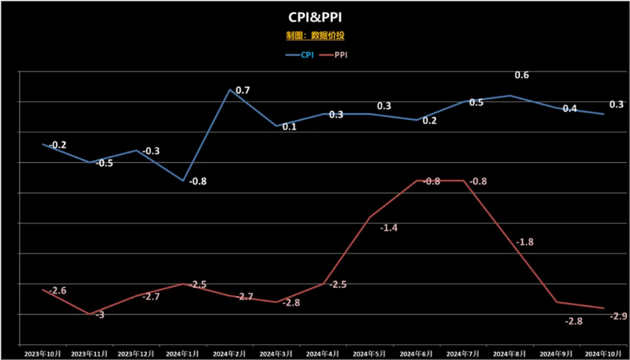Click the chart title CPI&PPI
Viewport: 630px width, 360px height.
pos(315,17)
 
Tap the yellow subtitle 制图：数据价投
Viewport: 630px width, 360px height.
pos(315,35)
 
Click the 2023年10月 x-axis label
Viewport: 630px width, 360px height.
pos(43,353)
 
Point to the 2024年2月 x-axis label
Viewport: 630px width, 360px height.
pos(231,353)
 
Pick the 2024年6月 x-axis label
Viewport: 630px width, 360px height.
pos(416,353)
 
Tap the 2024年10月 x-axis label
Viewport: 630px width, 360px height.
pos(602,353)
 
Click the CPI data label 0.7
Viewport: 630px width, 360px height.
pos(242,91)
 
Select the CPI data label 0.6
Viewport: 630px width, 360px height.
pos(522,75)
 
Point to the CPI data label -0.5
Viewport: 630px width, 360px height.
pos(105,163)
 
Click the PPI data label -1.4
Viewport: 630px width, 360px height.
pos(388,228)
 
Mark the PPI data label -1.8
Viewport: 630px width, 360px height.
pos(525,242)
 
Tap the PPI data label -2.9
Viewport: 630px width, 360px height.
pos(618,316)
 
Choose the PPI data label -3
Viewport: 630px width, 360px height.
pos(98,315)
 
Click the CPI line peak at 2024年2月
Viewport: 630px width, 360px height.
pos(230,89)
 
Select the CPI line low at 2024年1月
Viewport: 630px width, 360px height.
pos(183,181)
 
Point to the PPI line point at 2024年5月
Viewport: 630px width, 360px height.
pos(370,217)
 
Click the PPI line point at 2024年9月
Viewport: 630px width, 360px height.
pos(556,302)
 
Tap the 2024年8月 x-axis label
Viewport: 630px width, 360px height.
pos(510,353)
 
